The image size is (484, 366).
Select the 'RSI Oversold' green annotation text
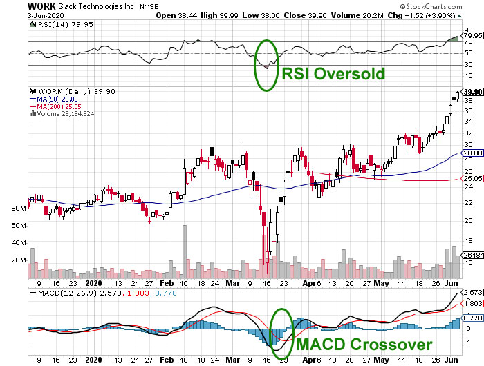point(333,73)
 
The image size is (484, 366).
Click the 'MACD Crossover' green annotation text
point(365,344)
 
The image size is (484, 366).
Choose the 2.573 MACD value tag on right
point(472,293)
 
